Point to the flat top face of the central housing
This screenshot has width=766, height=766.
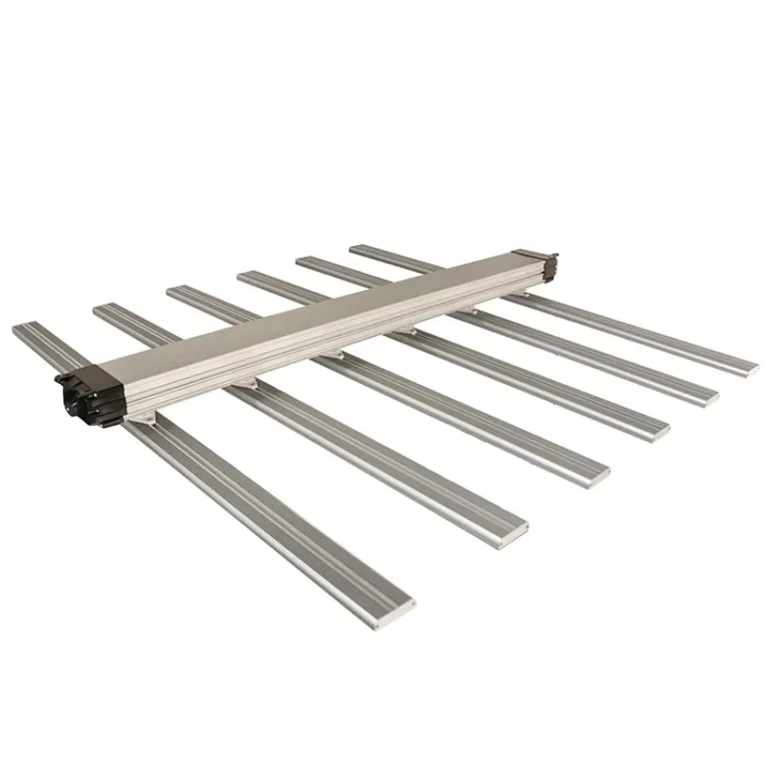pos(316,311)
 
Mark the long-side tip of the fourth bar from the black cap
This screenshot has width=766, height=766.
pos(659,428)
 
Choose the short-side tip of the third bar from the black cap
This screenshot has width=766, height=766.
pos(175,289)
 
